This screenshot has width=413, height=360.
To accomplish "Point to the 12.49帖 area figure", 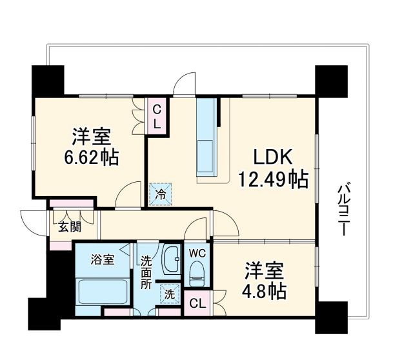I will [273, 179].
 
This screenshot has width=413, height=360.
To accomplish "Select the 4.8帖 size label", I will [264, 290].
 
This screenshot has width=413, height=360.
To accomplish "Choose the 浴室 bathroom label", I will [102, 260].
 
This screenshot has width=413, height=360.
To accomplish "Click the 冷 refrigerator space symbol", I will [159, 193].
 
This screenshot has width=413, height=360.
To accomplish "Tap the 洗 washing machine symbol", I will [169, 294].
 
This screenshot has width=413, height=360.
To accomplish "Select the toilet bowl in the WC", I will [196, 275].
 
